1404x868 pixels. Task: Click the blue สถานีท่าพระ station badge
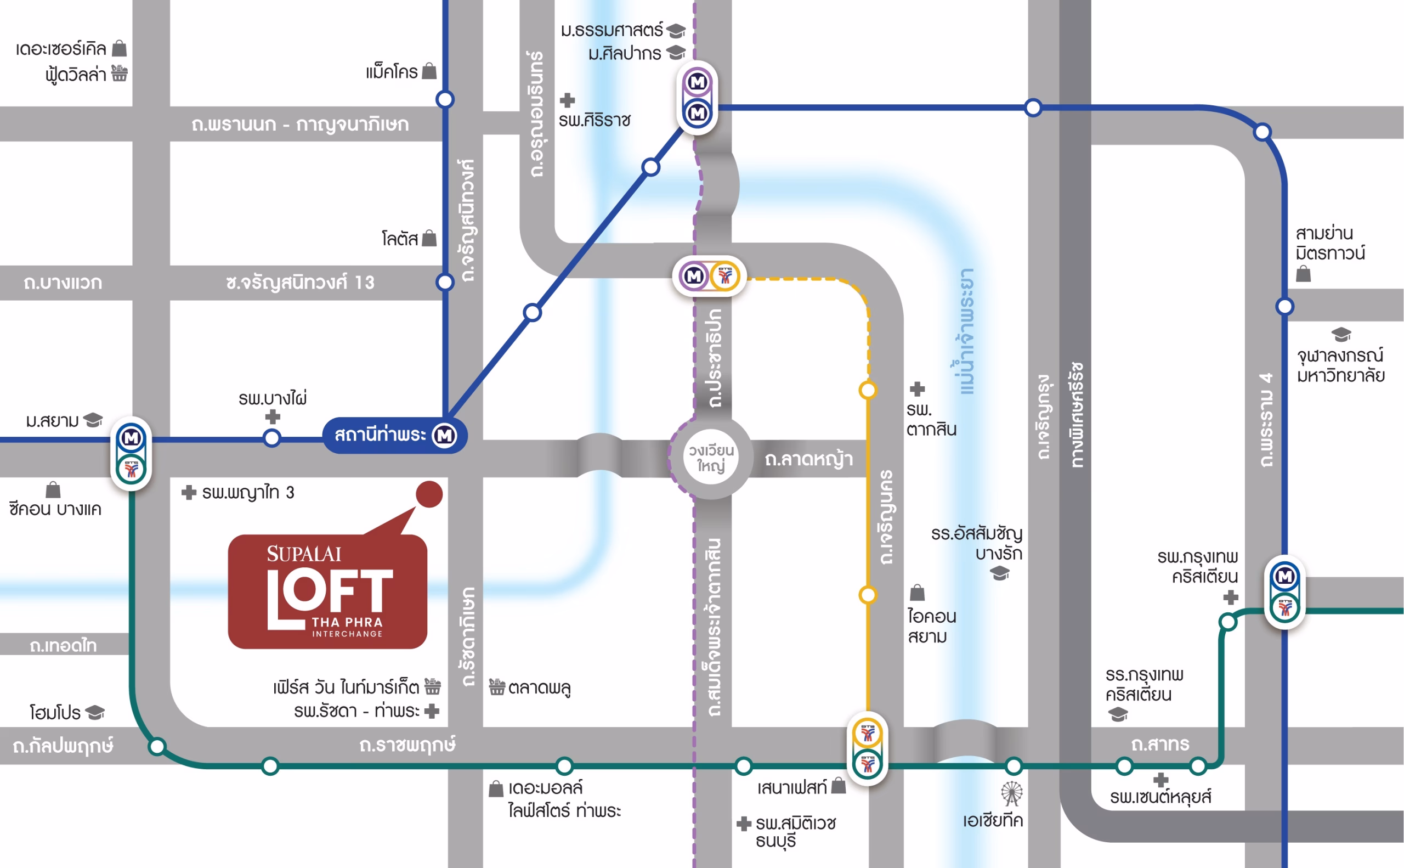click(395, 435)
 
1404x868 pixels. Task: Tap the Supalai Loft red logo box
click(327, 592)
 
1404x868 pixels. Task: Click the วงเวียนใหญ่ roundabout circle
click(711, 458)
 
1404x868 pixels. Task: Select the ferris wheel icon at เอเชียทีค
click(1011, 794)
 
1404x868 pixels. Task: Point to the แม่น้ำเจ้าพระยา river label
click(967, 331)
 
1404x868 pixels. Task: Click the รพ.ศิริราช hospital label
click(595, 121)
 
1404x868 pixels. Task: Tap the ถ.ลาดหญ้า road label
click(808, 459)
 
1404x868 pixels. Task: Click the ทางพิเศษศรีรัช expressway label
click(1077, 414)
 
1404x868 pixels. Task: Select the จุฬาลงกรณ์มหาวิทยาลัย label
click(1340, 365)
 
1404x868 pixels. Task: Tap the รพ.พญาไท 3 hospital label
click(247, 493)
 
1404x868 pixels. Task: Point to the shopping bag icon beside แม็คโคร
click(429, 71)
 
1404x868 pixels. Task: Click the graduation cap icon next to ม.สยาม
click(93, 420)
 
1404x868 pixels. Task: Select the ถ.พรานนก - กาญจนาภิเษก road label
click(300, 124)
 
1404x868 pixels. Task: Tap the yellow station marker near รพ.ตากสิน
click(868, 390)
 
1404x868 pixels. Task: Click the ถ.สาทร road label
click(1159, 745)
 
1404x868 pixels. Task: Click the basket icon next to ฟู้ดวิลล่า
click(120, 74)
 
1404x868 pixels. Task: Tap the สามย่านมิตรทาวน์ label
click(1329, 244)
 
